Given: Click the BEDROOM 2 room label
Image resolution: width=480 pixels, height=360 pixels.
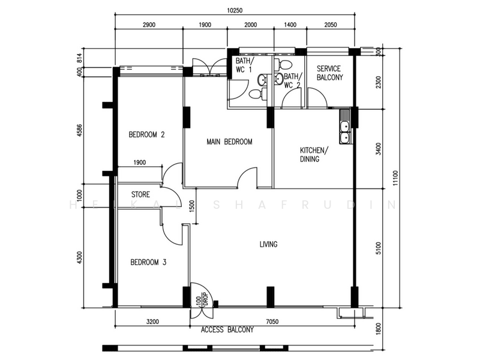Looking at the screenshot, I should coord(146,135).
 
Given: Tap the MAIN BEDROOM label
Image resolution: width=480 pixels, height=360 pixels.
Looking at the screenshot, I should coord(229,142).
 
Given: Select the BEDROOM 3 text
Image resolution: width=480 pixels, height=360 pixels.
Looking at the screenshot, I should coord(148,262).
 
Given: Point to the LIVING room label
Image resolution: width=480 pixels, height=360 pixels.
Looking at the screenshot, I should coord(268,244).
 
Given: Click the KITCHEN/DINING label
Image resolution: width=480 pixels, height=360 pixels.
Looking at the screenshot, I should coord(313,155).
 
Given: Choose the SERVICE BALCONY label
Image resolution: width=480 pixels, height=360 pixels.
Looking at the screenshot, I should coord(329,73).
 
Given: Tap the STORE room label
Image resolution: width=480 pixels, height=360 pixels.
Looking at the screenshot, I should coord(140,194).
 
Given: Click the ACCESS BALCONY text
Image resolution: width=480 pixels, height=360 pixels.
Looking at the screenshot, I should coord(227,330).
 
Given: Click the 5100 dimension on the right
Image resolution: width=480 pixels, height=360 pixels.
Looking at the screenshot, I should coord(377,247).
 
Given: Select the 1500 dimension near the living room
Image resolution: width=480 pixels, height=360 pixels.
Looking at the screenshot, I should coord(191,205).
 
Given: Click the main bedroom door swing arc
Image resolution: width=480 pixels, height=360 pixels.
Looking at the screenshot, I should coord(247,177).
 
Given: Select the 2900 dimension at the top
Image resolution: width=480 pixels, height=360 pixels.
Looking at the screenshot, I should coord(149,25).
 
